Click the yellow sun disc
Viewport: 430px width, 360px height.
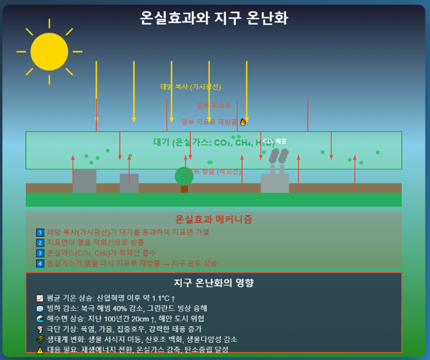49,51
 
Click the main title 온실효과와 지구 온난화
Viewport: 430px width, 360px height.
214,18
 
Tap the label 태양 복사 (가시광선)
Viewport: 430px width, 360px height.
190,87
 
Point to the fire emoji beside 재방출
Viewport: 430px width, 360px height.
243,122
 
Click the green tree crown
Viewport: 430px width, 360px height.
184,176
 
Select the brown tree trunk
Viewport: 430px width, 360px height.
184,189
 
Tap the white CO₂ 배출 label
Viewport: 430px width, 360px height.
275,141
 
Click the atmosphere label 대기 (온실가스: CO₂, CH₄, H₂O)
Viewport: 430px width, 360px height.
214,143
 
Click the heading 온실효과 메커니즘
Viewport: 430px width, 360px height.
214,219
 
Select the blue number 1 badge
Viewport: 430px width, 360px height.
40,232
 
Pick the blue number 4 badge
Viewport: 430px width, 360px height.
40,264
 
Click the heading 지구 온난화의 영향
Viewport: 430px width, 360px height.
214,283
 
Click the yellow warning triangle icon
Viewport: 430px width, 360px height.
40,350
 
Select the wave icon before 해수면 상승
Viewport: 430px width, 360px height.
40,319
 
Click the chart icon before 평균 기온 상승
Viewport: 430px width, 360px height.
40,298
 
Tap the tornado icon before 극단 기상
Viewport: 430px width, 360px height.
40,329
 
